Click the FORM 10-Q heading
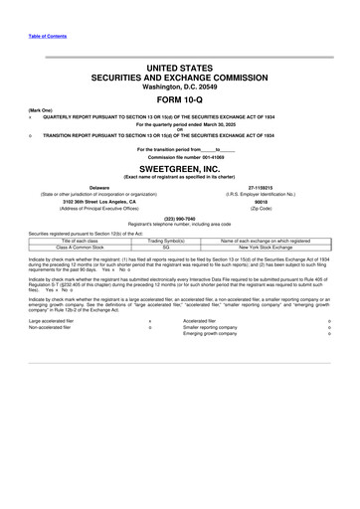click(180, 104)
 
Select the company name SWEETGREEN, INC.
click(180, 168)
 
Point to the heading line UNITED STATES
click(180, 66)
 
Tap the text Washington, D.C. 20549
click(180, 88)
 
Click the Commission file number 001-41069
click(180, 158)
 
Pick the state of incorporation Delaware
click(98, 185)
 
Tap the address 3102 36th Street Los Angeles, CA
click(98, 201)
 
